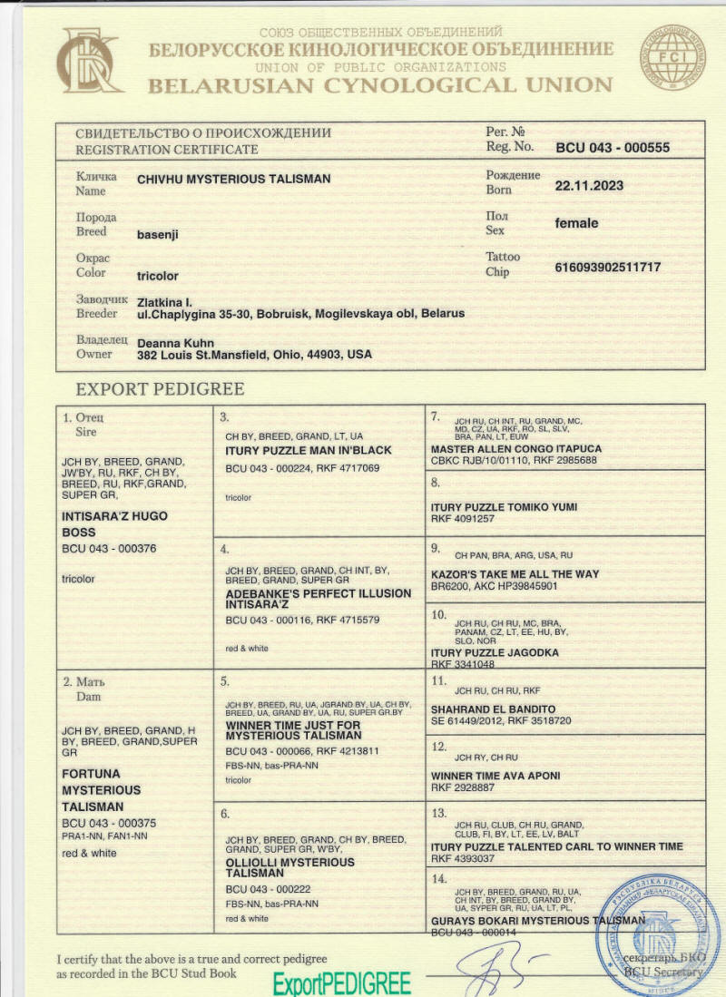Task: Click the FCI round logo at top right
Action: [x=674, y=57]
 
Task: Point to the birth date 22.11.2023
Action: [x=589, y=185]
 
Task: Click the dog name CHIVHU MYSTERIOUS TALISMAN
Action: [x=233, y=180]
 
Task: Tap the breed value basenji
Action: [x=158, y=234]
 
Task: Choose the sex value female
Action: [x=576, y=223]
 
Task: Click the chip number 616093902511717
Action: [x=607, y=267]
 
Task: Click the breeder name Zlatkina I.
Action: [x=164, y=301]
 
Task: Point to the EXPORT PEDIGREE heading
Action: [x=160, y=390]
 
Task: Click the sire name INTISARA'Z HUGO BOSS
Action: [x=114, y=524]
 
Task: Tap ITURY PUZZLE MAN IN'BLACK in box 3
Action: [x=309, y=450]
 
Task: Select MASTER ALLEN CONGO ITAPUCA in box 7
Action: [x=515, y=449]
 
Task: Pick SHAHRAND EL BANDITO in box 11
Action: [x=493, y=709]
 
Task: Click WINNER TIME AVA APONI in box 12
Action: [x=495, y=776]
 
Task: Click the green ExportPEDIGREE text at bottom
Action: [x=341, y=983]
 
